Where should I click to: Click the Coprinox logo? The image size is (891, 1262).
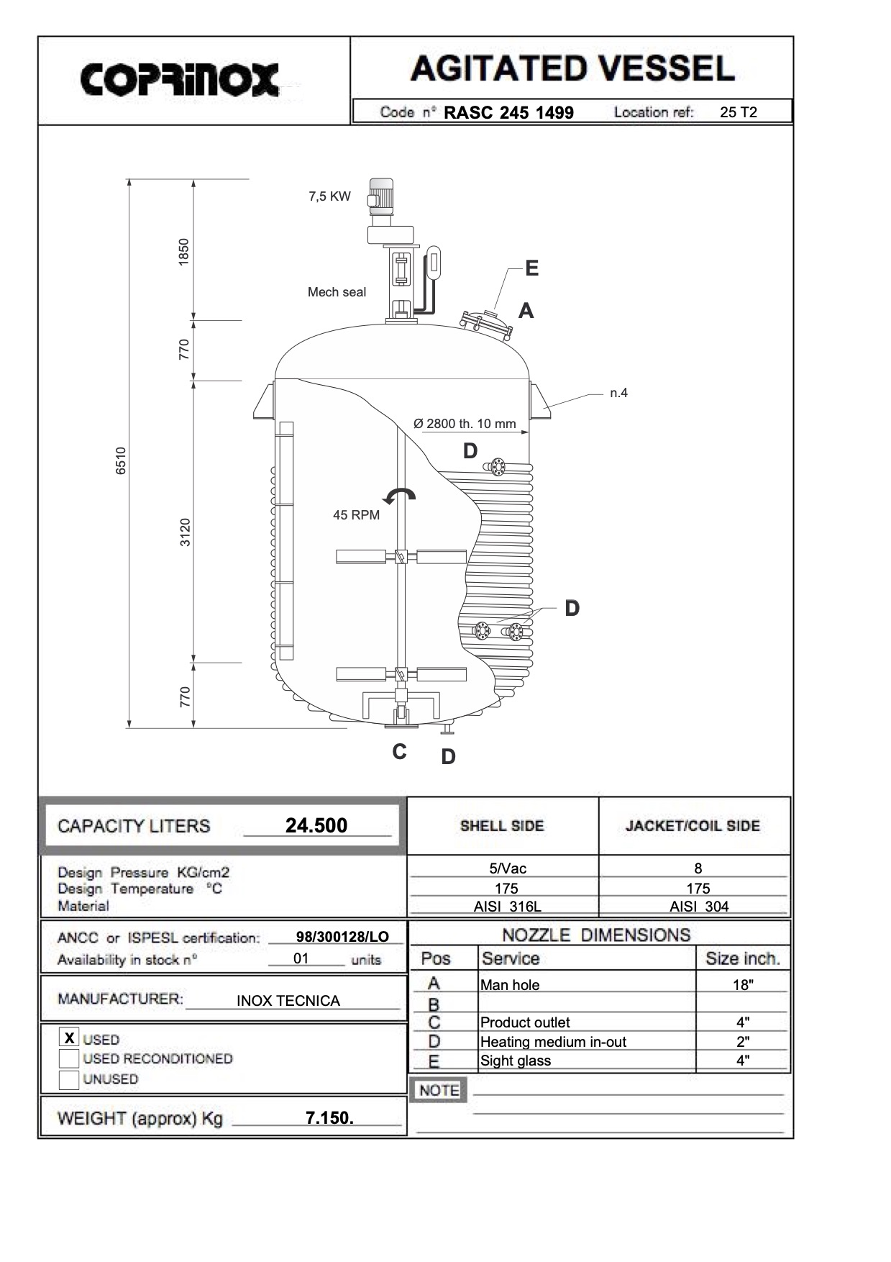pos(179,79)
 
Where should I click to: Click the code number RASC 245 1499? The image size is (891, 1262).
pos(508,113)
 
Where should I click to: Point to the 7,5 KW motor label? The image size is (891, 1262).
pos(329,196)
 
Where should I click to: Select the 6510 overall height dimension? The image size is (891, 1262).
pos(122,460)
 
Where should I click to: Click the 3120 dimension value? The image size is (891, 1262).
pos(186,532)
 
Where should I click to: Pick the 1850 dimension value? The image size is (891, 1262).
pos(184,252)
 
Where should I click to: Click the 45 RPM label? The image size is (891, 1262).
pos(356,515)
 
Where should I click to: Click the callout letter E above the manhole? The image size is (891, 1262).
pos(531,268)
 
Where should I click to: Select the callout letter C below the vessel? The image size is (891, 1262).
pos(400,752)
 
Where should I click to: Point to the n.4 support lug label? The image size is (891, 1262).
pos(618,393)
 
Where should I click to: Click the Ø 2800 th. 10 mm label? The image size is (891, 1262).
pos(465,424)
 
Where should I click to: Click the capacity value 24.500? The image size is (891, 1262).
pos(316,825)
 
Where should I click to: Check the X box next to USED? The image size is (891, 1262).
pos(69,1038)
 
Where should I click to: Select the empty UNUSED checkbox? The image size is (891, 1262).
pos(69,1079)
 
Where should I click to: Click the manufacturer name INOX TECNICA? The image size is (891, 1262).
pos(288,1001)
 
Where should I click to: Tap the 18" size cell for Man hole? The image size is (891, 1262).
pos(742,985)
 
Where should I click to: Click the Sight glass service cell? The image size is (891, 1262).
pos(516,1061)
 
